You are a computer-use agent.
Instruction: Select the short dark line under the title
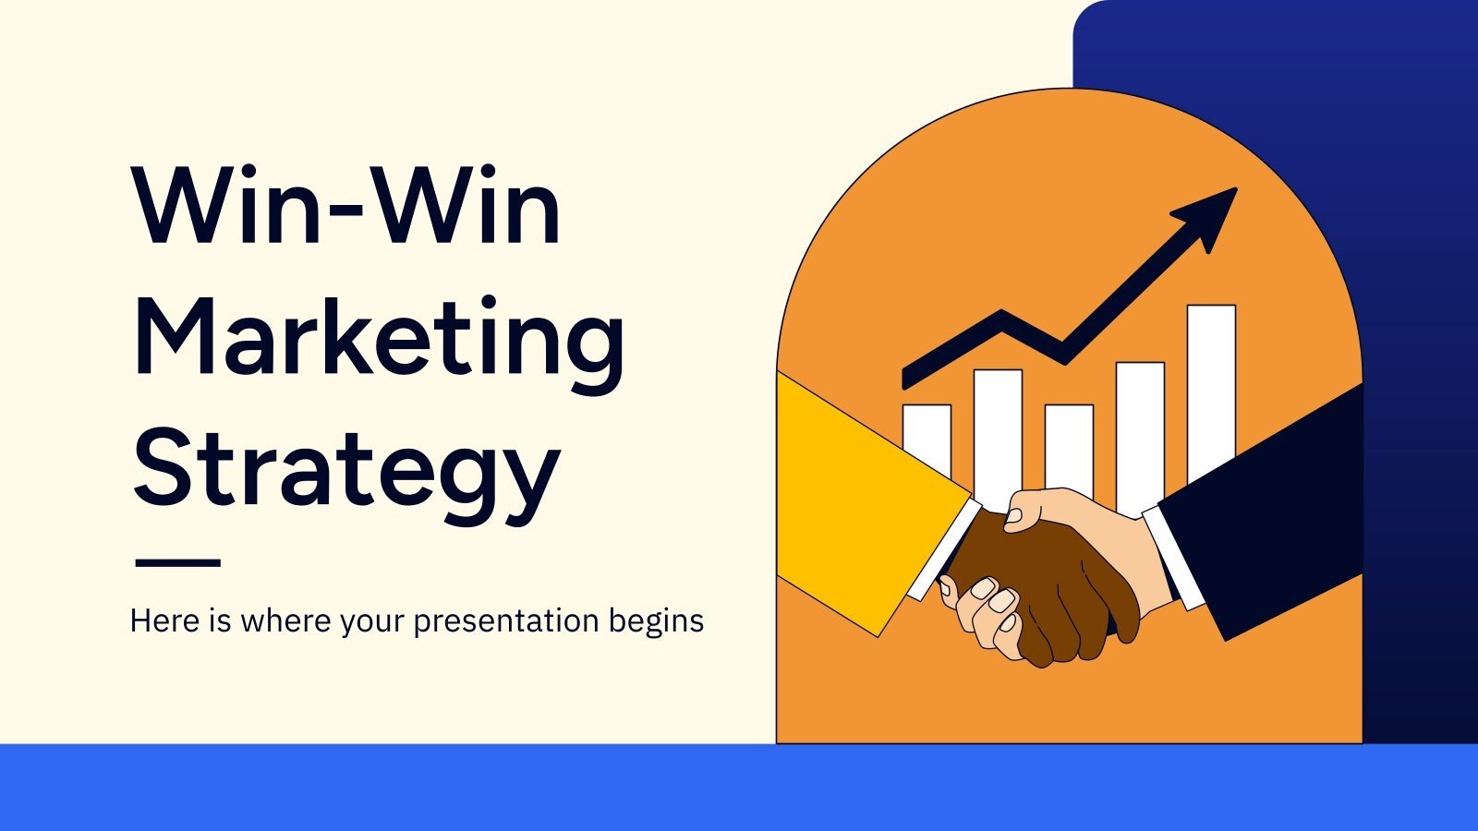[x=177, y=561]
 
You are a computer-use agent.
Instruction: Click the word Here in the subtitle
[x=164, y=620]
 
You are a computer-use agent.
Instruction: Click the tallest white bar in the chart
[x=1211, y=388]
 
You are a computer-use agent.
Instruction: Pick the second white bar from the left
[x=998, y=429]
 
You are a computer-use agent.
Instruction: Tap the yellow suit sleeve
[x=854, y=499]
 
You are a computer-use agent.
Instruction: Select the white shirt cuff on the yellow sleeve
[x=942, y=549]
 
